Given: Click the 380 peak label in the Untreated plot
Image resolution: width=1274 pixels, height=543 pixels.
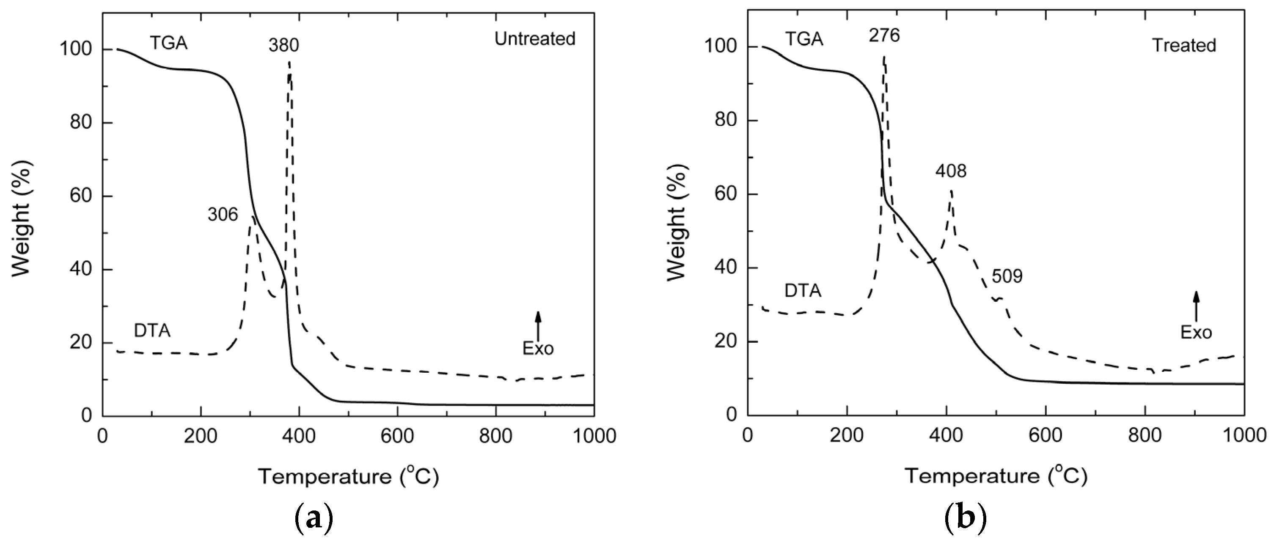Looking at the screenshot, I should click(x=284, y=46).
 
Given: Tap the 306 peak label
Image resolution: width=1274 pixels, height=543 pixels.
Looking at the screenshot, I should click(x=223, y=214).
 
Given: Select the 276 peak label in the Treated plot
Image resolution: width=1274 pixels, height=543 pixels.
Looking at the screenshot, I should click(x=884, y=35).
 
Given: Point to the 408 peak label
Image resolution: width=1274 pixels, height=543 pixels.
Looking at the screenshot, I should click(x=951, y=172).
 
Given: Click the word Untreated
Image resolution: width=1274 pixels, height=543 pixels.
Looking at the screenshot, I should click(x=535, y=39).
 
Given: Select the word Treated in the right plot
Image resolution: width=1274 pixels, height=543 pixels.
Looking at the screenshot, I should click(x=1184, y=46).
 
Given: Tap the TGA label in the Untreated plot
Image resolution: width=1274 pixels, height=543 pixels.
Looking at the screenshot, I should click(x=169, y=44).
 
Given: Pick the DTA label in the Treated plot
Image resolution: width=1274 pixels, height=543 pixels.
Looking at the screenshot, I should click(x=803, y=291).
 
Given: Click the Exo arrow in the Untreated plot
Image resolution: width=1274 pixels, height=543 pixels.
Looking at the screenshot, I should click(x=538, y=326).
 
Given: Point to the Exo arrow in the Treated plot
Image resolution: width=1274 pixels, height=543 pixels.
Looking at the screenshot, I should click(x=1196, y=306).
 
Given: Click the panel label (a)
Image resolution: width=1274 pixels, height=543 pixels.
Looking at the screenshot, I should click(x=314, y=519).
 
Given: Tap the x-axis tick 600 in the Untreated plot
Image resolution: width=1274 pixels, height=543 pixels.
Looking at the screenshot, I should click(x=397, y=436).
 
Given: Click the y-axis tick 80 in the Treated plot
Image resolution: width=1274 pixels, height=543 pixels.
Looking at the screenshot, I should click(x=725, y=120).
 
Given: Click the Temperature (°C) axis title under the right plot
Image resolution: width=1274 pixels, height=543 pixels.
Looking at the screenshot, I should click(x=996, y=476).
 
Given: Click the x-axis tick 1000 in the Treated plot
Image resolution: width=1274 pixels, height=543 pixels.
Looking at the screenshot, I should click(x=1244, y=435).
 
